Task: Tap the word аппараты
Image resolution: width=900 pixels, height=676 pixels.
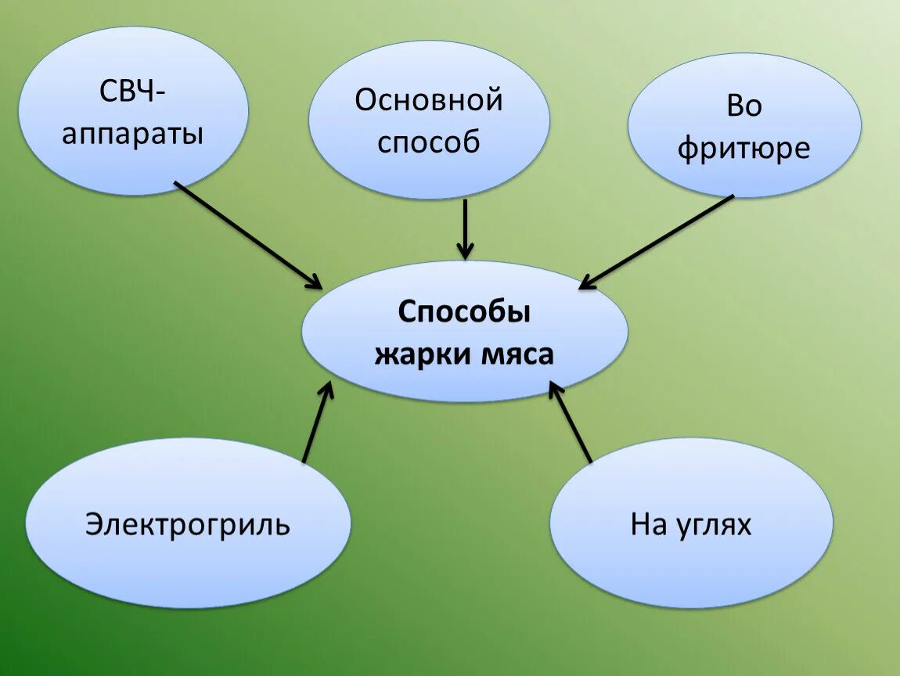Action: tap(132, 135)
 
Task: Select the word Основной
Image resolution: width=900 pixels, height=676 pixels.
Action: tap(428, 100)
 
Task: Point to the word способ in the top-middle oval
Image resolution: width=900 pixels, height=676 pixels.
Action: tap(428, 142)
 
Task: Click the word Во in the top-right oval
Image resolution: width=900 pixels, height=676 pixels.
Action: tap(743, 106)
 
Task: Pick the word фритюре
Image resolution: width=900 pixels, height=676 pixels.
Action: tap(743, 148)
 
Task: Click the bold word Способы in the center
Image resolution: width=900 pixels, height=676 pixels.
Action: tap(464, 312)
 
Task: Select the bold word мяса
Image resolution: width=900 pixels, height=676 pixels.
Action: tap(513, 354)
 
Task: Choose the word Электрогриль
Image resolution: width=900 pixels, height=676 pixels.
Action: tap(188, 523)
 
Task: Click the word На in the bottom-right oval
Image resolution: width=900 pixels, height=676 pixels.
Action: tap(648, 524)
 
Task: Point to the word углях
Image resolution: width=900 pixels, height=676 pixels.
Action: tap(712, 525)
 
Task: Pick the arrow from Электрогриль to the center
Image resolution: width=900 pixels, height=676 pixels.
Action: tap(316, 424)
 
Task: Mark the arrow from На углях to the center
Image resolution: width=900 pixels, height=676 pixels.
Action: tap(571, 422)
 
